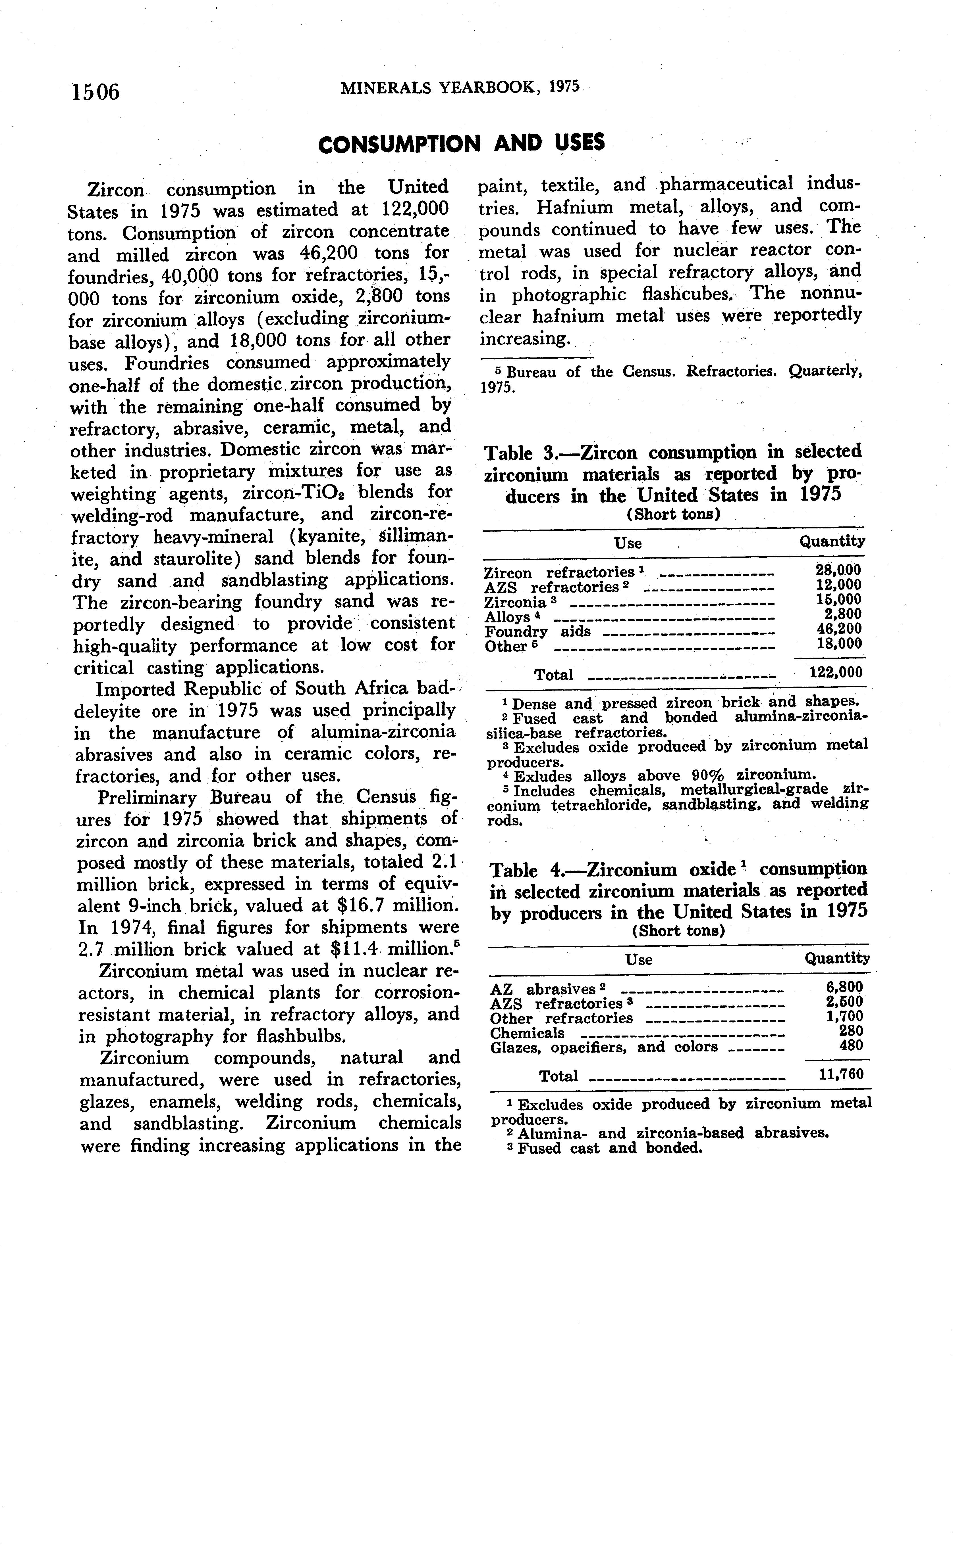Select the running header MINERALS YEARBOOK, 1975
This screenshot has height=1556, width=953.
pos(459,88)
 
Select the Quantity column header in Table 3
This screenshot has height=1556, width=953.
pos(832,541)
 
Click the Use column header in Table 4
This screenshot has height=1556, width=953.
pos(638,960)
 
